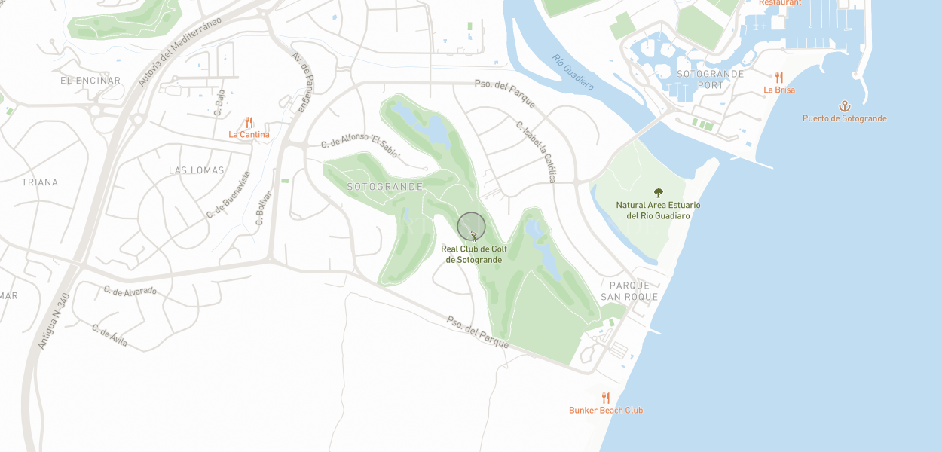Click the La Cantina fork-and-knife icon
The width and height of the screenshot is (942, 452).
pos(249,122)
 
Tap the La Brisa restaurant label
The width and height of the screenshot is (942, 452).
pos(778,90)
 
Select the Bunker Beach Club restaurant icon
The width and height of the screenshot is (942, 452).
pos(605,398)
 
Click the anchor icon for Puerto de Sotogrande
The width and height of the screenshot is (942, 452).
pos(844,106)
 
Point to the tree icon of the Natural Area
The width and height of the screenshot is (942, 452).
pos(659,193)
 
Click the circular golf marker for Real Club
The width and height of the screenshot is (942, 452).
pos(471,227)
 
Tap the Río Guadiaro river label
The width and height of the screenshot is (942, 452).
pos(573,72)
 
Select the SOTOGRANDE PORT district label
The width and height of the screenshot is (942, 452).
pos(710,79)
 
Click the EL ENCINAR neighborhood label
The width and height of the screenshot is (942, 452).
pos(90,81)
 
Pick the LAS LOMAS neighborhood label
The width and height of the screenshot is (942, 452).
pos(197,170)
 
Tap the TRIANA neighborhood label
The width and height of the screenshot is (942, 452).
pos(40,182)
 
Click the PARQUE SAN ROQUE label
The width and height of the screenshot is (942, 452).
pos(629,291)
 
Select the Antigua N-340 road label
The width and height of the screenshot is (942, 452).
pos(53,320)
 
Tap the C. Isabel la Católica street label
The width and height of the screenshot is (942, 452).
pos(536,151)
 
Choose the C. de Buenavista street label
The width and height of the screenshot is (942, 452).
pos(228,194)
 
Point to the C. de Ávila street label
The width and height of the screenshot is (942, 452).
pos(110,336)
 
